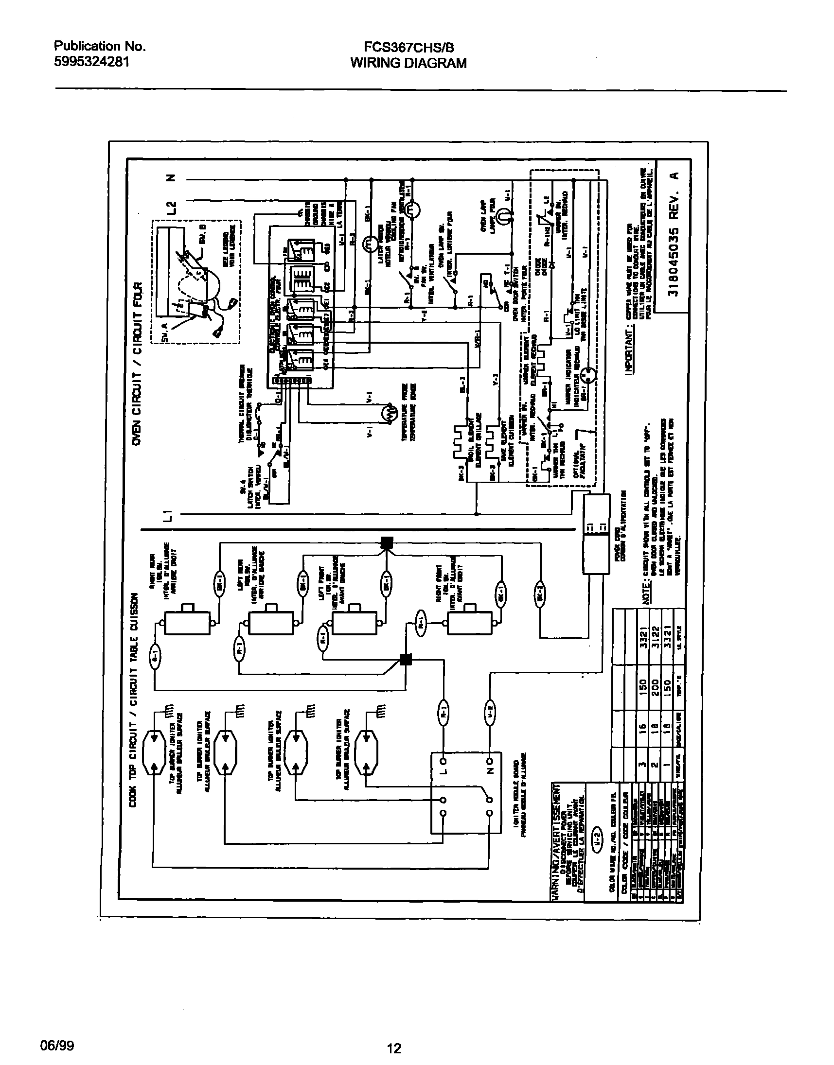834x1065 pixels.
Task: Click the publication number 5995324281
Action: click(91, 62)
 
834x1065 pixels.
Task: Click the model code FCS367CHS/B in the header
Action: click(408, 47)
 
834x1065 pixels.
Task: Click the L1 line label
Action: click(168, 514)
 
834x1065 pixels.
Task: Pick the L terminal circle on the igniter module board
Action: click(444, 761)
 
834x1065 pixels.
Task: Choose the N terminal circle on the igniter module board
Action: click(490, 761)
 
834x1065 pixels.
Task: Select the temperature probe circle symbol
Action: click(390, 413)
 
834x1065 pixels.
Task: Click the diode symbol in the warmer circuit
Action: click(552, 264)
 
